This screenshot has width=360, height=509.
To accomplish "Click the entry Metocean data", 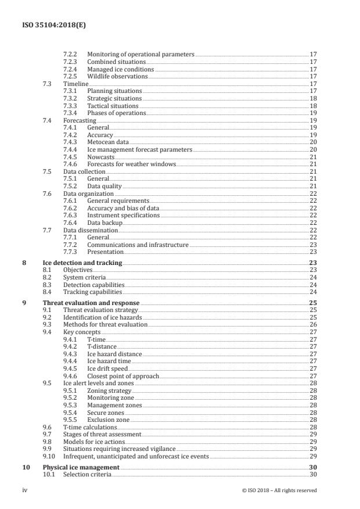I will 108,142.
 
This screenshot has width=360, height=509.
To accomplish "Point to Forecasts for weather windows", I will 131,164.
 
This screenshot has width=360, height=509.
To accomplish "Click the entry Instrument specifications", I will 123,215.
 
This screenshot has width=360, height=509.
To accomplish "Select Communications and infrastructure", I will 138,245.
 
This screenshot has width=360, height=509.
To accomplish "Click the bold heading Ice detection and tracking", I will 82,263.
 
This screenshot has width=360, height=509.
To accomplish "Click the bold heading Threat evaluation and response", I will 91,303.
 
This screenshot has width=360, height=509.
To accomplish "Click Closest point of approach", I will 123,376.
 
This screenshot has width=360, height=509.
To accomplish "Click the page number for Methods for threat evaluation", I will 312,325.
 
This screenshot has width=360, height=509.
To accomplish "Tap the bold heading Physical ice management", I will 81,467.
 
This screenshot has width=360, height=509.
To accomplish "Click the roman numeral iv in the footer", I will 25,490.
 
